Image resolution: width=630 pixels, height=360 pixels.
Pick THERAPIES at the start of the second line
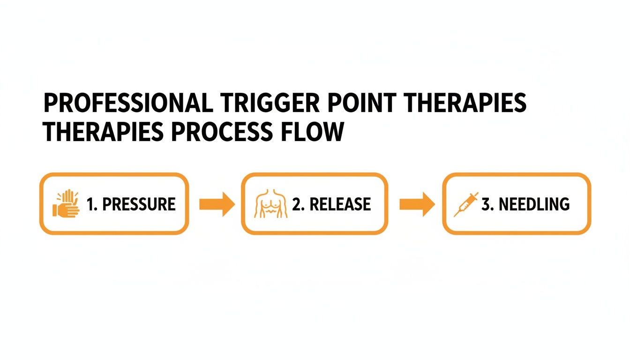(103, 133)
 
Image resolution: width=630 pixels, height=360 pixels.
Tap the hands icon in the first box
(66, 204)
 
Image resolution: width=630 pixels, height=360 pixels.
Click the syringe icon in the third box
(466, 204)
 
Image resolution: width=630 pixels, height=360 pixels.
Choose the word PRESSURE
(139, 204)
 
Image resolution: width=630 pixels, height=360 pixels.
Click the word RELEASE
(340, 204)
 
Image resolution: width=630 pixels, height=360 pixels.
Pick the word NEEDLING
(534, 204)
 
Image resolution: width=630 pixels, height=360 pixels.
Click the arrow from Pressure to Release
(216, 204)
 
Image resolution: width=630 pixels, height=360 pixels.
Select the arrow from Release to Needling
(417, 204)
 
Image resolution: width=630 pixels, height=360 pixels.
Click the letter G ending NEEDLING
(564, 204)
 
